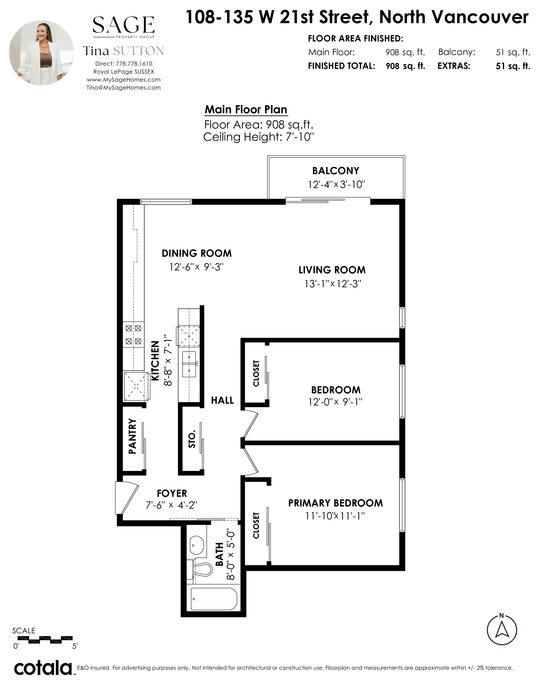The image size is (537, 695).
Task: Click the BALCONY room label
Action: [x=336, y=171]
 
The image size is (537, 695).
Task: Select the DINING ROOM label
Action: [x=197, y=253]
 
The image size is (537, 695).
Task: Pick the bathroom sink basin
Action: [x=197, y=545]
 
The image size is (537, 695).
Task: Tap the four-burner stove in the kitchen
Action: [x=133, y=335]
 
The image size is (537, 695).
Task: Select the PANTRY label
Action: [x=132, y=437]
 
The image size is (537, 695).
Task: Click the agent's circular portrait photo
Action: [x=42, y=53]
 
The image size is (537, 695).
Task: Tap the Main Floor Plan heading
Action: [x=246, y=110]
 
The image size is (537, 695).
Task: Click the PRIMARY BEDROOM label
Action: [x=336, y=503]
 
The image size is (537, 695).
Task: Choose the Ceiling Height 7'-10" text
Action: [x=259, y=137]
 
